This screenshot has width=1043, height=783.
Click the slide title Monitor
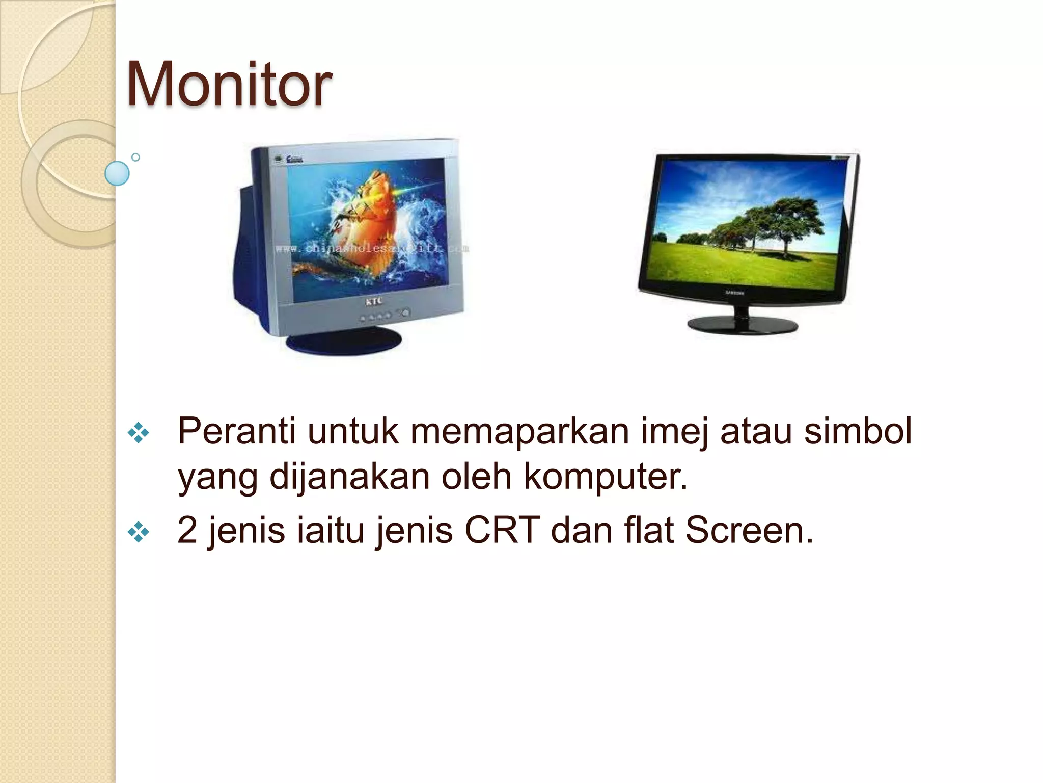(229, 84)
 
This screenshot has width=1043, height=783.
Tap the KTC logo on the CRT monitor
(374, 302)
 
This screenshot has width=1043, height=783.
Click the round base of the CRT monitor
(344, 340)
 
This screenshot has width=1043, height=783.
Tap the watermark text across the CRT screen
(372, 249)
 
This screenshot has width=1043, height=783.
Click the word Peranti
(236, 431)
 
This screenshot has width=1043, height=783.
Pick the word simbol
(858, 431)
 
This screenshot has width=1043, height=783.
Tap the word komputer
(606, 477)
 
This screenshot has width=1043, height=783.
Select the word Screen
(749, 530)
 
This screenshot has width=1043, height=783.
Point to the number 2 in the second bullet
(187, 530)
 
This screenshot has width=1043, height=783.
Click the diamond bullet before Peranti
(139, 433)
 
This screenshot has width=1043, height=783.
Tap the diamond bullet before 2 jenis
(139, 533)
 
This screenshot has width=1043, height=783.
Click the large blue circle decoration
(117, 173)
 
